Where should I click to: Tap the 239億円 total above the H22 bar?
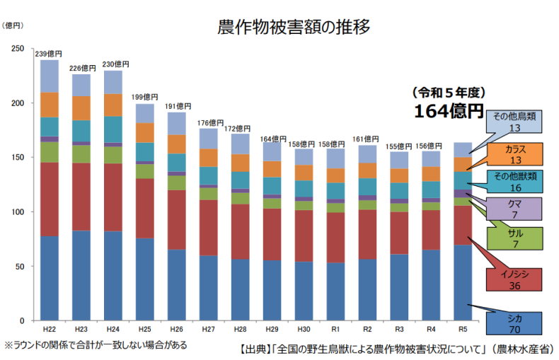pos(49,54)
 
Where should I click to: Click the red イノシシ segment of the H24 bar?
pos(113,197)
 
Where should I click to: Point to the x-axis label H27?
pos(208,330)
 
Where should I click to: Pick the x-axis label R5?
pos(463,330)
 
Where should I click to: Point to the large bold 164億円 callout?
pos(448,111)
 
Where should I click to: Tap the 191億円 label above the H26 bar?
pos(176,106)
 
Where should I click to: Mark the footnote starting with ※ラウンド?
pos(96,345)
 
